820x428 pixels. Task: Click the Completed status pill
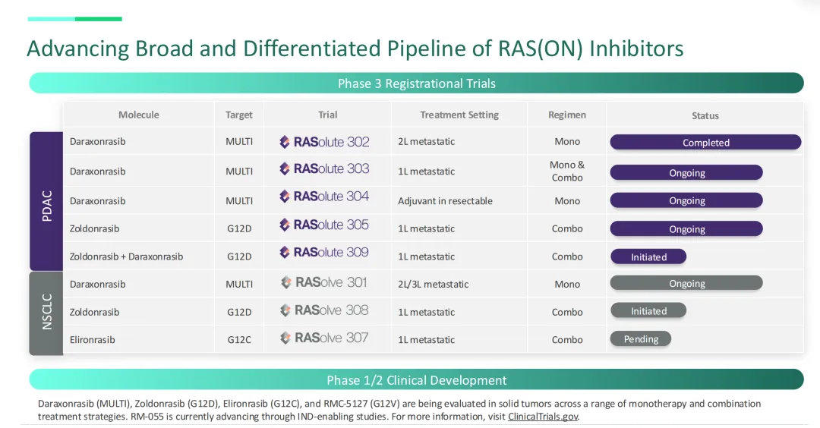[705, 142]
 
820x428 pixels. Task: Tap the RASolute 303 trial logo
[324, 168]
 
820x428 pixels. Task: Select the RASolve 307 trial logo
[324, 338]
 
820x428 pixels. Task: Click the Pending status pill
[641, 339]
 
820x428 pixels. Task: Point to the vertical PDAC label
[47, 206]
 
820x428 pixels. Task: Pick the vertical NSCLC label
[47, 312]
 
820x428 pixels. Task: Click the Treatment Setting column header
[459, 115]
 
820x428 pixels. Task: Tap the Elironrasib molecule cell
[92, 340]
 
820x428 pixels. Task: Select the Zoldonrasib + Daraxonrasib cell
[126, 256]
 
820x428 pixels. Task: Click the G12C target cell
[239, 340]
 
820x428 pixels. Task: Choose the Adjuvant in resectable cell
[445, 200]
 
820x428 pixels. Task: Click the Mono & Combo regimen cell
[567, 171]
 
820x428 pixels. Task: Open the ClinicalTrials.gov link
[543, 417]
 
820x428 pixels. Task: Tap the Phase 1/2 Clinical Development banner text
[416, 380]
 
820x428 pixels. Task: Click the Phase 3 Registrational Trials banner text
[416, 83]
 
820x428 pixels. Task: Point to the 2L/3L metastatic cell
[433, 285]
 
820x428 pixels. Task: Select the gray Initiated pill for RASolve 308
[648, 311]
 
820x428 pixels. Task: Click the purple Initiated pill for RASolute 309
[648, 256]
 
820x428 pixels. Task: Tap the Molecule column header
[139, 115]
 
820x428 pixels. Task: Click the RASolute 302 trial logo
[324, 142]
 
